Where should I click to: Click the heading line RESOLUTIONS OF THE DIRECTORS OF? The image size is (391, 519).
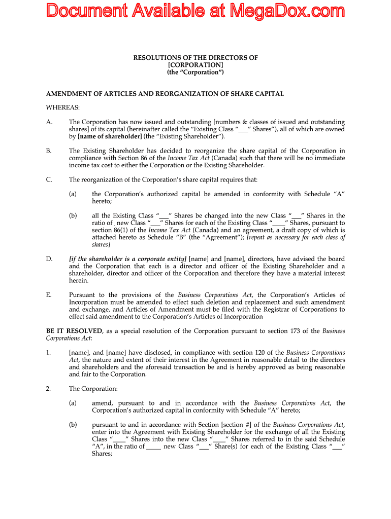[x=195, y=58]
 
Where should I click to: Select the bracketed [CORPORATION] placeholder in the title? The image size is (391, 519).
[x=195, y=65]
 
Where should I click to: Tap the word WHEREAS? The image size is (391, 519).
[x=63, y=107]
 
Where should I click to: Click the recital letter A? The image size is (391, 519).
[x=49, y=122]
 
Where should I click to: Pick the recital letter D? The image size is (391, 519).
[x=49, y=259]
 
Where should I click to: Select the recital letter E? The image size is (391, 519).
[x=49, y=295]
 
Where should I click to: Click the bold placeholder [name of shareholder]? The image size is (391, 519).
[x=110, y=136]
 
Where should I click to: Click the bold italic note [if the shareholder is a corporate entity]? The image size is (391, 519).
[x=127, y=259]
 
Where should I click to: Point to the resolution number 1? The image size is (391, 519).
[x=48, y=353]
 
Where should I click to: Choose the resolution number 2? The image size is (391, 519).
[x=48, y=389]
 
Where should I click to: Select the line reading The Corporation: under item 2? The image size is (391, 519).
[x=86, y=389]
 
